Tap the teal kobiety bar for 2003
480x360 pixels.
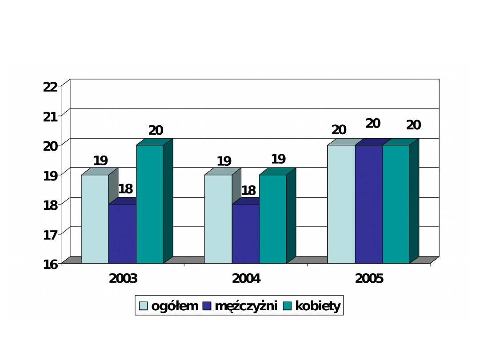point(150,204)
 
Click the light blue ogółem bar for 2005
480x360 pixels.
point(341,204)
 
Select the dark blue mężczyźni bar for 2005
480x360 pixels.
point(368,204)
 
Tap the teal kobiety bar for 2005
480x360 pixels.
point(396,204)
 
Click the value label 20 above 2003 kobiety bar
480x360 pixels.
point(156,131)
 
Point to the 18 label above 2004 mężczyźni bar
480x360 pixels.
point(248,191)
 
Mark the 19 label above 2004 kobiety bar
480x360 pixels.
point(279,159)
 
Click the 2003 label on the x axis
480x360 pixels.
point(123,279)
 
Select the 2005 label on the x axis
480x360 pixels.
point(369,279)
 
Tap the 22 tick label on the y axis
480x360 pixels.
point(50,87)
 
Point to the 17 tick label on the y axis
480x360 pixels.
point(50,235)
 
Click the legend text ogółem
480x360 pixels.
point(175,306)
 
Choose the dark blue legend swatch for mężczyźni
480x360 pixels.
point(207,306)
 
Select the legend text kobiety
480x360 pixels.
point(318,306)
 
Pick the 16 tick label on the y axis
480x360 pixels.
point(50,264)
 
